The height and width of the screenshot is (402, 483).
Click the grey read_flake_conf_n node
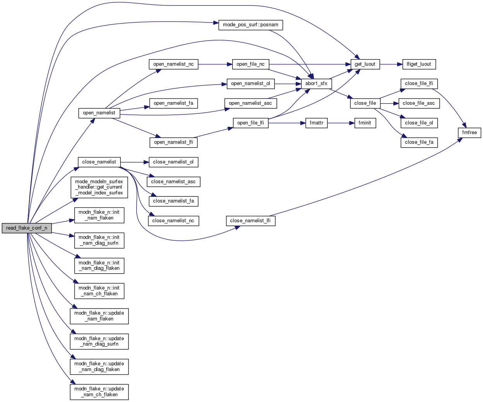[x=26, y=228]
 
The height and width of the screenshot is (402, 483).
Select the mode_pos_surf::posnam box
[x=250, y=25]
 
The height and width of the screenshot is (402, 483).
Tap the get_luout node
[x=365, y=64]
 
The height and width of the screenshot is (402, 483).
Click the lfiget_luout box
[x=419, y=64]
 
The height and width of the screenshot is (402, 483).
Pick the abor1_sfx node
[x=316, y=83]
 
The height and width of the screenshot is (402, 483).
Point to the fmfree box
[x=470, y=133]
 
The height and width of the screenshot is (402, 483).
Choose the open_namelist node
[x=99, y=113]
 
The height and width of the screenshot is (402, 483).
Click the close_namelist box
[x=99, y=162]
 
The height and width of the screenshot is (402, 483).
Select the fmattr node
[x=316, y=123]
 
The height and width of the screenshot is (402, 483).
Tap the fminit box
[x=365, y=123]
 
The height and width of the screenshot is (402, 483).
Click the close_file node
[x=365, y=103]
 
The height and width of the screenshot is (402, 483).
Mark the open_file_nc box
[x=250, y=64]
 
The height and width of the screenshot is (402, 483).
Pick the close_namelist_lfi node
[x=250, y=221]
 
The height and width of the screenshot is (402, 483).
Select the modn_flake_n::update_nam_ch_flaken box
[x=99, y=392]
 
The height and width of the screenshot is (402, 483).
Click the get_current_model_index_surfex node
[x=99, y=187]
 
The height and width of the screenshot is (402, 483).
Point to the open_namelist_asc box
[x=250, y=103]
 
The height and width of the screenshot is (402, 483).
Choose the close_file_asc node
[x=418, y=103]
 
